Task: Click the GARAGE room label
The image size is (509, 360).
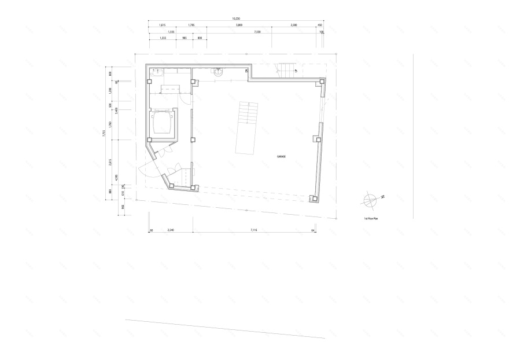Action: click(282, 156)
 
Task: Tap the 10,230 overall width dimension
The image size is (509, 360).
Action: click(236, 19)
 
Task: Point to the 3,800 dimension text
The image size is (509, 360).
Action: click(239, 25)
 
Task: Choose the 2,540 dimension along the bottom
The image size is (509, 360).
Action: click(171, 230)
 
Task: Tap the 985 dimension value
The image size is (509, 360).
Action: click(184, 39)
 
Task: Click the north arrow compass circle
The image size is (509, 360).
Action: click(369, 200)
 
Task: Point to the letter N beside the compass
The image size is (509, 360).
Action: click(382, 197)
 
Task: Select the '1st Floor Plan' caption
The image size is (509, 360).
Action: click(371, 219)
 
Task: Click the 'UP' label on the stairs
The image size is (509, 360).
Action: click(296, 71)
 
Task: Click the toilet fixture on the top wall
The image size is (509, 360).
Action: click(219, 72)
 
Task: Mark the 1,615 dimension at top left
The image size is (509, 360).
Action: click(163, 25)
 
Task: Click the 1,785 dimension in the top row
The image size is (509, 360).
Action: click(191, 25)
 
